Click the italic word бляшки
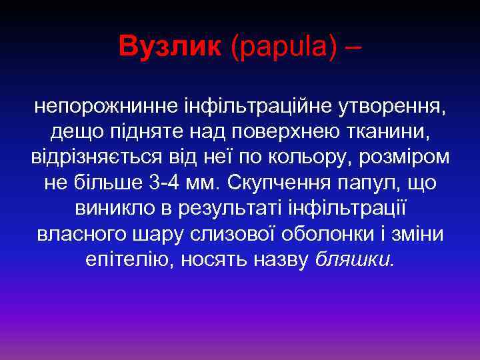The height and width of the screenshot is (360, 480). pos(355,262)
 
